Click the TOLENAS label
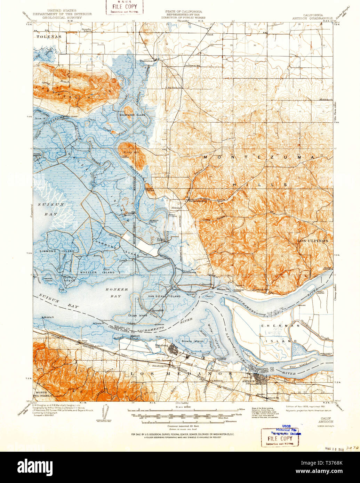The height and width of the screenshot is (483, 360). click(x=49, y=36)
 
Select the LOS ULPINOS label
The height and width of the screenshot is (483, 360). click(x=312, y=240)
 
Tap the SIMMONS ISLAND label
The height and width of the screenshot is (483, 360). click(x=61, y=251)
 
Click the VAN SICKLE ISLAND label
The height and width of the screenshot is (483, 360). click(x=165, y=296)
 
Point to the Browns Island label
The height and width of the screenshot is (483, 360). click(x=192, y=342)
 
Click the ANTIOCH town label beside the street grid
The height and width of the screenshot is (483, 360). click(x=248, y=381)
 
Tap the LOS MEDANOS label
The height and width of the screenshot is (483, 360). click(x=181, y=374)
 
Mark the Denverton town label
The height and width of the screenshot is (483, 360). click(x=146, y=60)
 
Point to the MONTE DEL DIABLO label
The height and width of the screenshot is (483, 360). click(x=43, y=393)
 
